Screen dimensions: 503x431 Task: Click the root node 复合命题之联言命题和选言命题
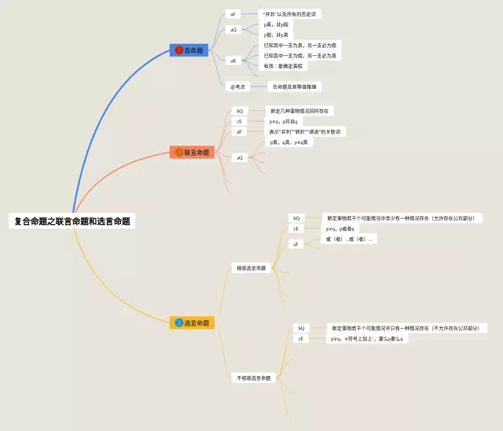72,221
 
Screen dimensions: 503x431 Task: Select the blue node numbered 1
189,50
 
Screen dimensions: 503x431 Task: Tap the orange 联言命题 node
193,152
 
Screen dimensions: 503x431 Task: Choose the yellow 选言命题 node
193,322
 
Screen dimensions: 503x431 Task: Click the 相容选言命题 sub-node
251,267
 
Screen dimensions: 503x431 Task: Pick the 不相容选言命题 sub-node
254,378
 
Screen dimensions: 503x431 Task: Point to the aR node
233,61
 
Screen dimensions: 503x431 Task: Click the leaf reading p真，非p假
277,25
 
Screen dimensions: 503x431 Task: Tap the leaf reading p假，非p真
277,35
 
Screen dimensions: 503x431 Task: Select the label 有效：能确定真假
283,66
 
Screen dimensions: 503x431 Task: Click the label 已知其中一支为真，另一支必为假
299,46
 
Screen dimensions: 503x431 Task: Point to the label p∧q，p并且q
284,121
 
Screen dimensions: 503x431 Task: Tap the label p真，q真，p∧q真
290,142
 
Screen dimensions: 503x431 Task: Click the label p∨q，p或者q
341,228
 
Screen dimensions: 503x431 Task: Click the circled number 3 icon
179,322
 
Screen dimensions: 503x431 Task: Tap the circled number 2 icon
179,152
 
